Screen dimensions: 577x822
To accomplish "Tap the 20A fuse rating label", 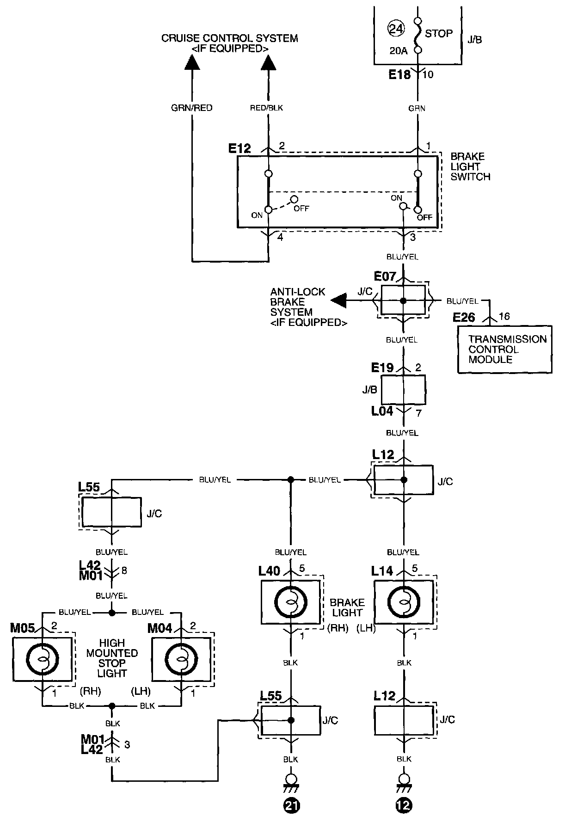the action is tap(398, 51).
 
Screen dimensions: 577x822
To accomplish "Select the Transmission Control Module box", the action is tap(505, 350).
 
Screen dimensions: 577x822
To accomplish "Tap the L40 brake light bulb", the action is tap(291, 602).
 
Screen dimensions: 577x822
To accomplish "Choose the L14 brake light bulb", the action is tap(404, 602).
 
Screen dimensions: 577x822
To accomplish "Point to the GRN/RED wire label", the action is tap(192, 108).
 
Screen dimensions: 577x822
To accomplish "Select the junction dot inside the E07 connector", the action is tap(403, 301).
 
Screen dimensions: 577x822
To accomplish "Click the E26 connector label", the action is tap(464, 317).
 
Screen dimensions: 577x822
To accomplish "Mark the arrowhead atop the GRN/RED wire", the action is tap(192, 62).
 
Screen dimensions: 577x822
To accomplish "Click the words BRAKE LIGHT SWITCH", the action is tap(470, 166).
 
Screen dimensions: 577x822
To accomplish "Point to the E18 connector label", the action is tap(399, 74).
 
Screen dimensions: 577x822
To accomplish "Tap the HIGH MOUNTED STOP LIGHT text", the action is tap(112, 658).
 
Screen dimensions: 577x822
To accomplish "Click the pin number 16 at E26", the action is tap(504, 316).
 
